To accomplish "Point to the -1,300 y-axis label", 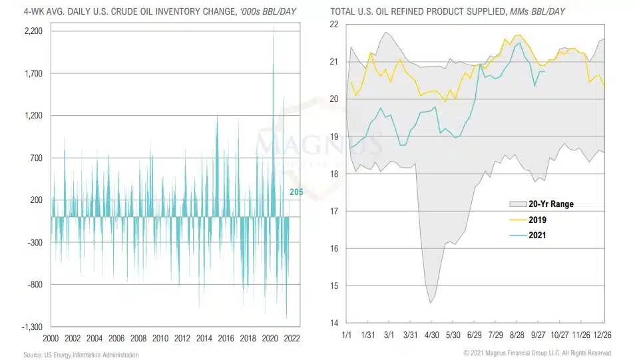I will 31,327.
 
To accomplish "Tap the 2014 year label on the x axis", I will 204,338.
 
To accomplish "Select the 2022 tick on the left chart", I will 291,338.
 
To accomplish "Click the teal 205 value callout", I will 296,192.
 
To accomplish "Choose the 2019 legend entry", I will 538,220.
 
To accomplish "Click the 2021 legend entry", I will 538,235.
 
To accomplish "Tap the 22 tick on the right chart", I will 334,25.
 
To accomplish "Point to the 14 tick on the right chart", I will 334,323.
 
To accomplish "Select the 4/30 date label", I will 432,334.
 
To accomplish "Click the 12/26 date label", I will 603,334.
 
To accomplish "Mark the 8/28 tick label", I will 517,334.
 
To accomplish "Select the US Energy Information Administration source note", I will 81,355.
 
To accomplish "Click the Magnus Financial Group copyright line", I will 537,353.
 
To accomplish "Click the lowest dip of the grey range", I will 431,303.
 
